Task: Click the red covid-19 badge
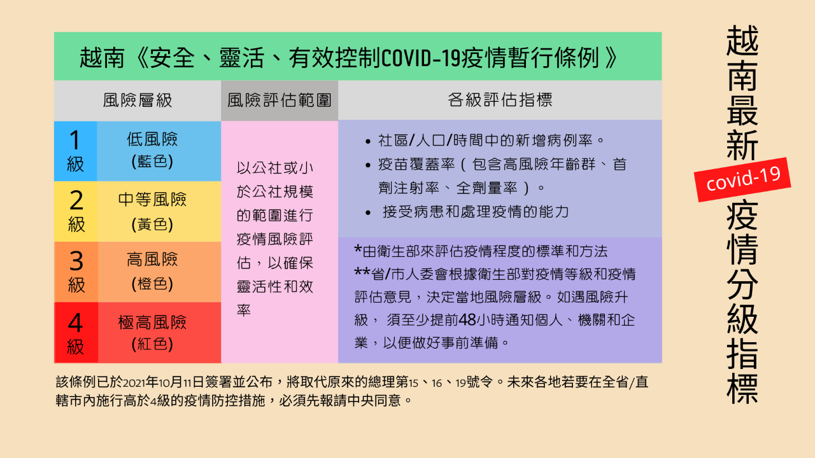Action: [742, 179]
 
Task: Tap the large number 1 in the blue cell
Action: [74, 140]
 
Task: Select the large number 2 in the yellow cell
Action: [76, 200]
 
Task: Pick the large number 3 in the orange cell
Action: [76, 261]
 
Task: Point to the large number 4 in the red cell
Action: [75, 323]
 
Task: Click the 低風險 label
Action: [152, 139]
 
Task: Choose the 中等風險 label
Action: [152, 200]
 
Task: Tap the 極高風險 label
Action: [152, 322]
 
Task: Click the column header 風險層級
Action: [137, 100]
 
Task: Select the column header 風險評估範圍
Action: [279, 100]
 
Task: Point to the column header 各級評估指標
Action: [500, 100]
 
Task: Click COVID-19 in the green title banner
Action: [421, 58]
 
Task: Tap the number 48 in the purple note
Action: [467, 320]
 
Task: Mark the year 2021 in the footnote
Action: [134, 383]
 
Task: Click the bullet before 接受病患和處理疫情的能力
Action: [368, 212]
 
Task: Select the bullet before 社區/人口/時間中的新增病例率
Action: [368, 141]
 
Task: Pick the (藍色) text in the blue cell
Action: [152, 162]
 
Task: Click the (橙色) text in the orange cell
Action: [152, 284]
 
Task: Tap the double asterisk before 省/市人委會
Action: [362, 271]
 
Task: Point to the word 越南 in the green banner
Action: [102, 58]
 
